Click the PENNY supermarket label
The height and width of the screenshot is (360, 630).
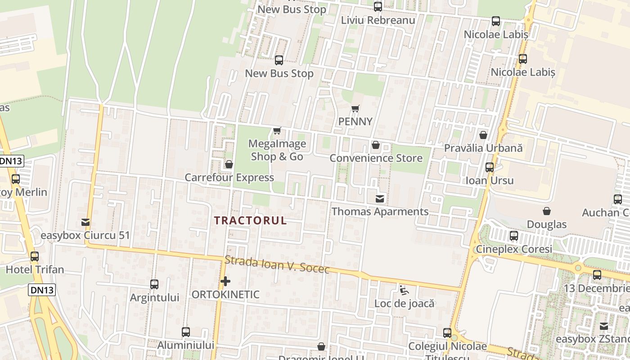[355, 121]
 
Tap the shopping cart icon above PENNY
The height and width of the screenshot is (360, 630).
[355, 108]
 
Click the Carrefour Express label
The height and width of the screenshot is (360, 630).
[229, 178]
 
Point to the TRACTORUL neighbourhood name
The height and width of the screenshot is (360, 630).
[250, 220]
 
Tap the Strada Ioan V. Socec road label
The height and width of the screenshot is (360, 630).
[277, 264]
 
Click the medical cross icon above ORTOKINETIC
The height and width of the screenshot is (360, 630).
[225, 282]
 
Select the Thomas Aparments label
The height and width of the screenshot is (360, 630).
[380, 211]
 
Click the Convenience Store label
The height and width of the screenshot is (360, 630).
[376, 158]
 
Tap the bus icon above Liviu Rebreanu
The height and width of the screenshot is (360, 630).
[378, 7]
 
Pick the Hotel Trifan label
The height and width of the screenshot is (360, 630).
[35, 270]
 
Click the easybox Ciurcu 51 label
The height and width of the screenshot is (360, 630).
[85, 235]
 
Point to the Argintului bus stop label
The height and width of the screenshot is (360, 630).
[154, 297]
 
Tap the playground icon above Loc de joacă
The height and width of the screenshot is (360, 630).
[404, 290]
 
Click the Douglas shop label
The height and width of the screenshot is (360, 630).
[546, 224]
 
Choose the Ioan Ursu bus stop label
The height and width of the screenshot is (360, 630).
[489, 180]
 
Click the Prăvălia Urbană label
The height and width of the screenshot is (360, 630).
[483, 148]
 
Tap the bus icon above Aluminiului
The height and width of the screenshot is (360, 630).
[186, 332]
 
